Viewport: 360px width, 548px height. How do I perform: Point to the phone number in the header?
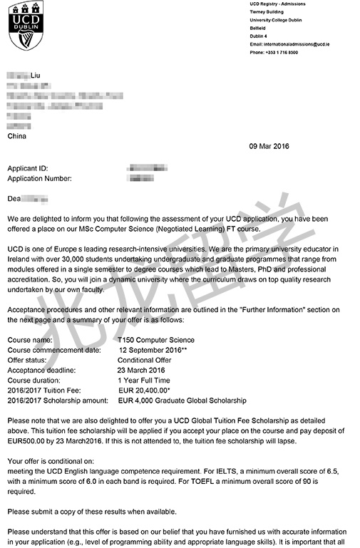(x=274, y=52)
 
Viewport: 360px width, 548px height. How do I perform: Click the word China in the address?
(x=17, y=135)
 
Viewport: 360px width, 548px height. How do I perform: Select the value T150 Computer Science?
(x=157, y=340)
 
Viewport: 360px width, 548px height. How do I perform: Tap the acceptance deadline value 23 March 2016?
(x=141, y=371)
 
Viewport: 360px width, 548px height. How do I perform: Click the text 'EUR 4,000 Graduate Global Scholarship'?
(x=182, y=400)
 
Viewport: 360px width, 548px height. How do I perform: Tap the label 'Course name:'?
(x=30, y=340)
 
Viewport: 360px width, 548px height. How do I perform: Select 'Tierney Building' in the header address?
(x=268, y=12)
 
